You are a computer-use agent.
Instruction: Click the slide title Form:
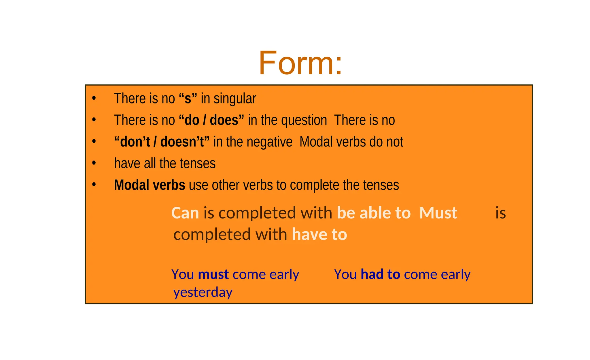[x=300, y=63]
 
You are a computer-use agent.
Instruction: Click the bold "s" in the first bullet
[x=188, y=99]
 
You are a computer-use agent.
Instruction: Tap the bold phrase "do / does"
[x=211, y=120]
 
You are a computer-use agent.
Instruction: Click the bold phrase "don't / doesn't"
[x=162, y=142]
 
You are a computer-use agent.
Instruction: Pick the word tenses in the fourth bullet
[x=197, y=163]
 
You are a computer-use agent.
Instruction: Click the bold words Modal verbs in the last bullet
[x=150, y=185]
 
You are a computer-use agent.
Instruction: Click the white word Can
[x=185, y=213]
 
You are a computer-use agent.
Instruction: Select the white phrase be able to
[x=374, y=213]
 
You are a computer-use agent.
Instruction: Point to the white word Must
[x=438, y=213]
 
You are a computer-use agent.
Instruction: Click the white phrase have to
[x=319, y=234]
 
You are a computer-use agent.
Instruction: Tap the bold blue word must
[x=213, y=274]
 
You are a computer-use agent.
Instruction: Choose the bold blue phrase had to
[x=381, y=274]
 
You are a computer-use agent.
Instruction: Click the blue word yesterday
[x=203, y=293]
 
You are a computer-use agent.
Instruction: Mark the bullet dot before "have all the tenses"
[x=94, y=163]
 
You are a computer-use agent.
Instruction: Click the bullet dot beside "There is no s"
[x=94, y=98]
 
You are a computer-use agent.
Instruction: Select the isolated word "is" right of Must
[x=501, y=213]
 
